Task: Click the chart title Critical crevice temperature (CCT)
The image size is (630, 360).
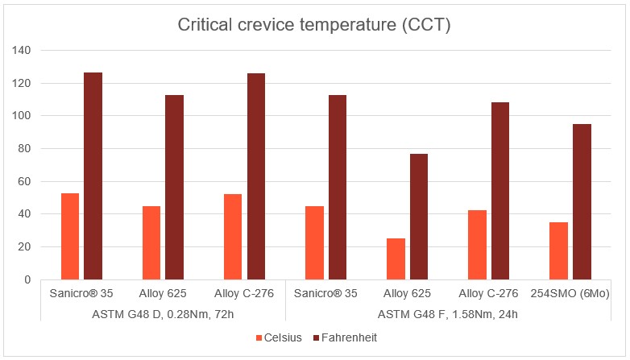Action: tap(314, 25)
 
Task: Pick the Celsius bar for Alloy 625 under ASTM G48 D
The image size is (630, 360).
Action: tap(151, 242)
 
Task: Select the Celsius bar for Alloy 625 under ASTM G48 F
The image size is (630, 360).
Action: tap(396, 259)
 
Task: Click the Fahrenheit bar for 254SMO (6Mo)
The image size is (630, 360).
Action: tap(582, 201)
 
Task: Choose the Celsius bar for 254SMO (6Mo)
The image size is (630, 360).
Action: tap(558, 250)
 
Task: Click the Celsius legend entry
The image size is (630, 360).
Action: tap(278, 338)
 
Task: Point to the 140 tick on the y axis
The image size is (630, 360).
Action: tap(22, 50)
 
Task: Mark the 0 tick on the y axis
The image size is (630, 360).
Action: tap(27, 279)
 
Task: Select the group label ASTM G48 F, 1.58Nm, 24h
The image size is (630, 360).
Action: tap(448, 313)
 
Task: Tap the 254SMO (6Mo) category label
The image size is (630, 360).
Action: tap(570, 294)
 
